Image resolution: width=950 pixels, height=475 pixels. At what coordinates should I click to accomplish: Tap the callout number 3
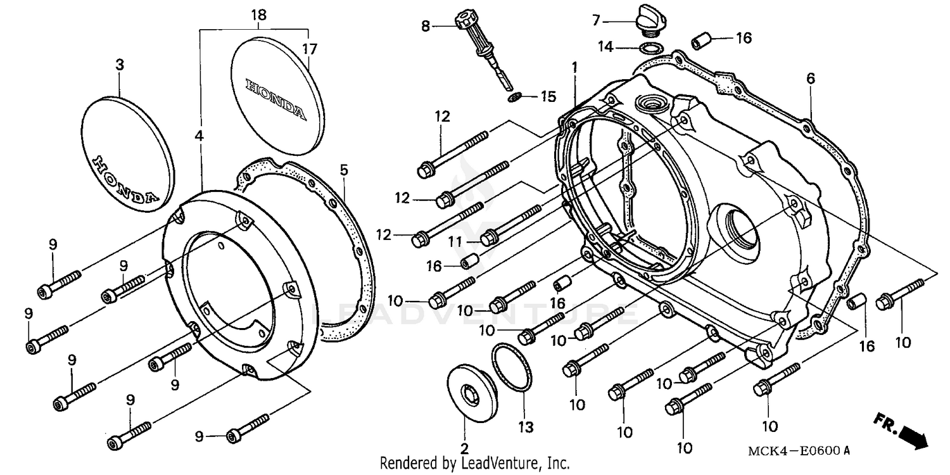pos(120,65)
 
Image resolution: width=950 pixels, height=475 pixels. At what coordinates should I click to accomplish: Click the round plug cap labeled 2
pos(472,395)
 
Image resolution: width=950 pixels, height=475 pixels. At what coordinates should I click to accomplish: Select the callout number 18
pos(259,15)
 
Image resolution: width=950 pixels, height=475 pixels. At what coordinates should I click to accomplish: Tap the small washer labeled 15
pos(516,97)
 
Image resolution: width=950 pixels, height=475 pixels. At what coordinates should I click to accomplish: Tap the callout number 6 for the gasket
pos(811,79)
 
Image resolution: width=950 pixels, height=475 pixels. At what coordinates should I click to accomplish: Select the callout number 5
pos(344,170)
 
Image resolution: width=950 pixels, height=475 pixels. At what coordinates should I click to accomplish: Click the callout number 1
pos(574,66)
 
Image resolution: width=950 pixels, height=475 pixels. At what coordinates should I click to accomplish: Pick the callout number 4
pos(199,136)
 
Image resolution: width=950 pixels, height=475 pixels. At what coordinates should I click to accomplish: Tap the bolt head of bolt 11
pos(488,239)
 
